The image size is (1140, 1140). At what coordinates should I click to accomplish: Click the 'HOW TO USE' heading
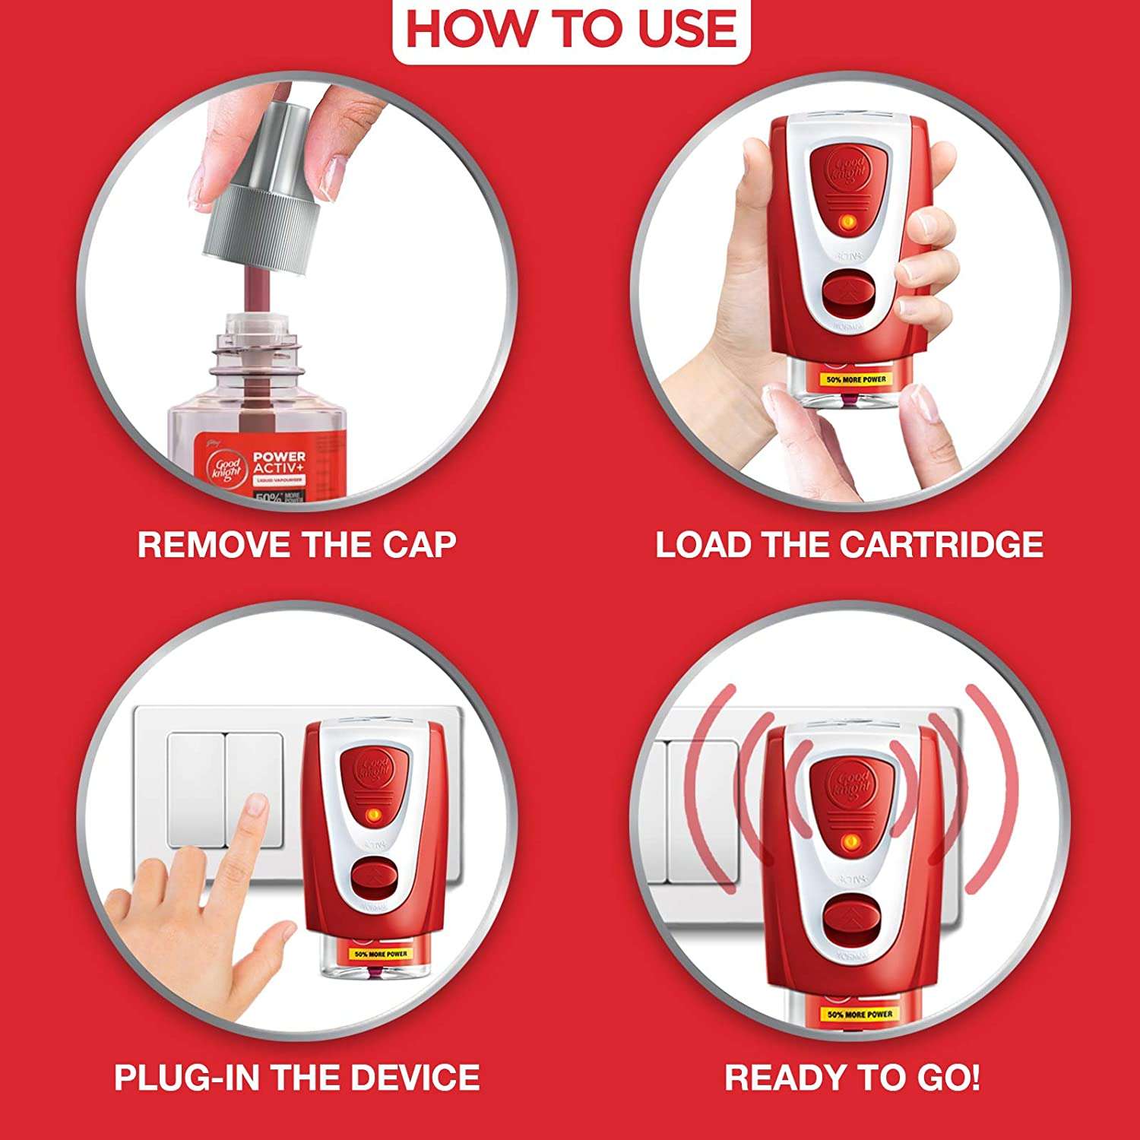[x=571, y=29]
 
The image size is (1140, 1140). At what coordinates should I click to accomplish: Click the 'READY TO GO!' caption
[x=852, y=1077]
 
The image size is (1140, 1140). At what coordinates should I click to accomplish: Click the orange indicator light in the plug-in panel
[x=373, y=814]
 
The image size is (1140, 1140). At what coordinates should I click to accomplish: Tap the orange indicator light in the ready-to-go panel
[x=850, y=841]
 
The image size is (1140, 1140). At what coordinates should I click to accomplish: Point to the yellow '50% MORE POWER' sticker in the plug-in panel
[x=381, y=953]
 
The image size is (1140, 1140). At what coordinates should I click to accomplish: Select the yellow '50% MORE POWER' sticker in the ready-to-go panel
[x=860, y=1014]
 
